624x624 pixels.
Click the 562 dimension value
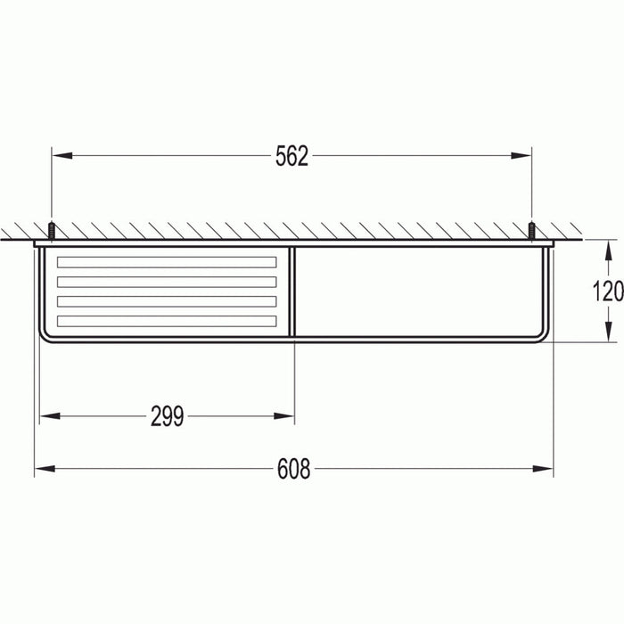coord(291,157)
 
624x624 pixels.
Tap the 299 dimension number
coord(167,416)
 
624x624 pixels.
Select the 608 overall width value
coord(293,469)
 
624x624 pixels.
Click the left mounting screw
coord(52,230)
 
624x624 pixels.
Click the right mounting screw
coord(532,230)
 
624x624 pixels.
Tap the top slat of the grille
coord(167,262)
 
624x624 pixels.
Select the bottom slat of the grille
coord(167,321)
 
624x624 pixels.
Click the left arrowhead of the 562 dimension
coord(59,156)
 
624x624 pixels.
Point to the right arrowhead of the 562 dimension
coord(525,156)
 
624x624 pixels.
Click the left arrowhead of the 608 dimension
coord(42,469)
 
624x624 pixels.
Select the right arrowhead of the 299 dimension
coord(287,416)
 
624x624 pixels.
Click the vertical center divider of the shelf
coord(293,291)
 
